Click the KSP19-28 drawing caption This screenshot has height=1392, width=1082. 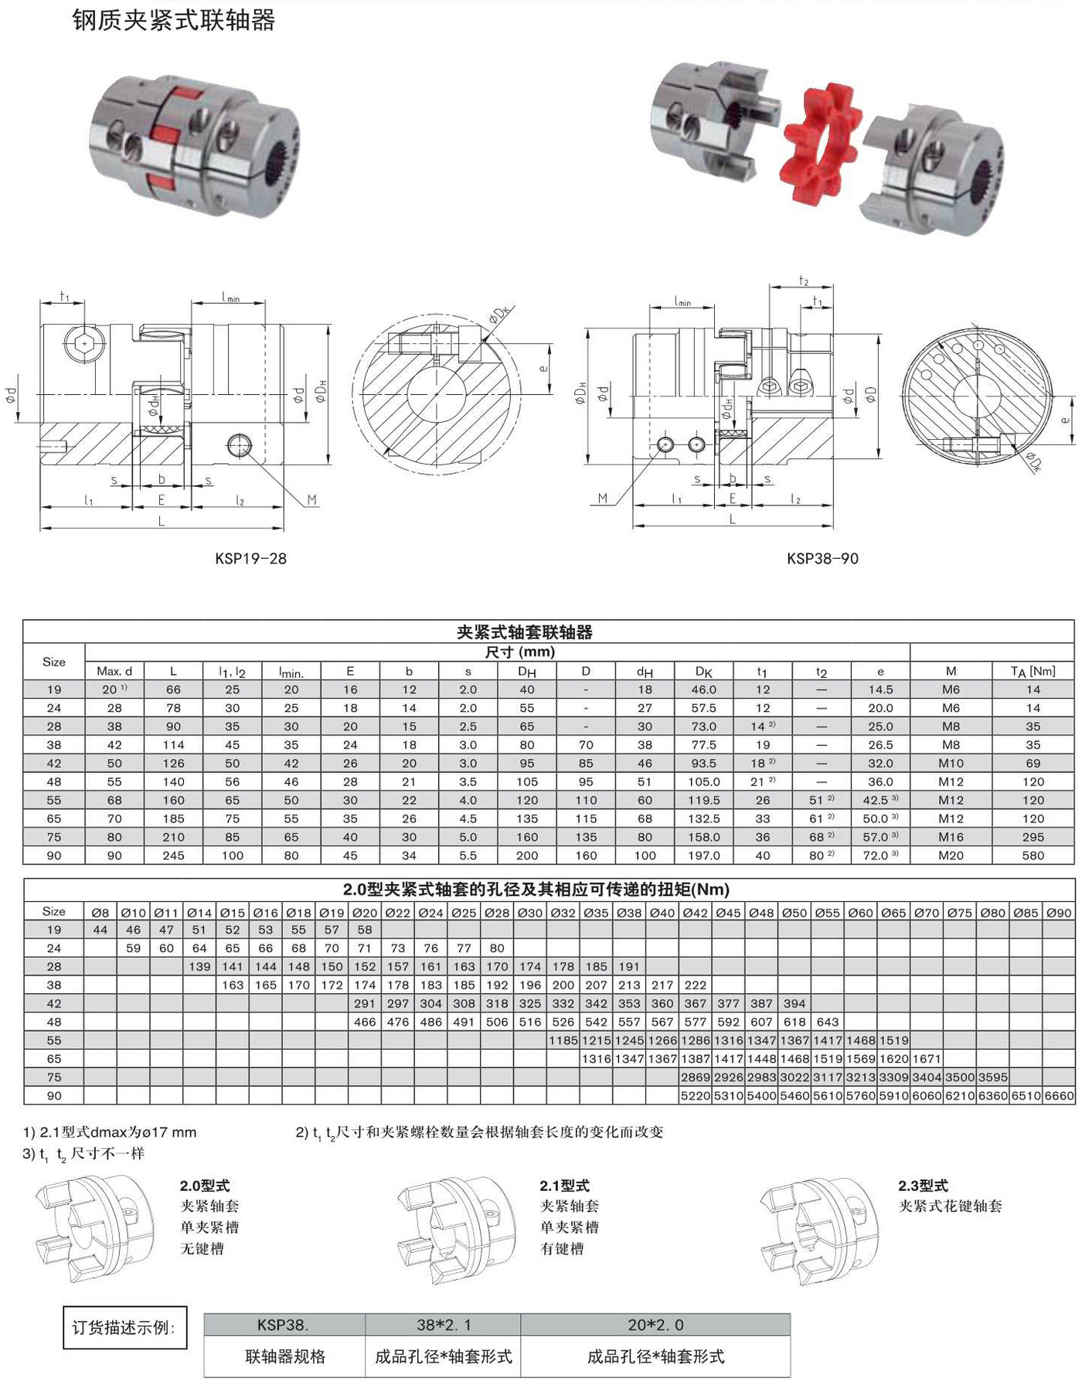pos(250,558)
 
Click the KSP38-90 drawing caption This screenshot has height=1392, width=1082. pos(822,558)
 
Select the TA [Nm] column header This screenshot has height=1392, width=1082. pos(1033,671)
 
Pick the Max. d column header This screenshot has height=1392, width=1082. pos(114,671)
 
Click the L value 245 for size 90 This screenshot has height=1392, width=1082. pos(173,856)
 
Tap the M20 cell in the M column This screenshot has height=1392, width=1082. pos(951,856)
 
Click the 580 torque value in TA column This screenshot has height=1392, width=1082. pos(1033,856)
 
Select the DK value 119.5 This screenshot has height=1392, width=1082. pos(703,800)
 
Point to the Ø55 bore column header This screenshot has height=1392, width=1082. pos(827,913)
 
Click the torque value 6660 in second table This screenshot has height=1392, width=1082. pos(1059,1096)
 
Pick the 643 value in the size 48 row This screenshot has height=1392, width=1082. pos(827,1022)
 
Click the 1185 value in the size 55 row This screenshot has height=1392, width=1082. pos(563,1040)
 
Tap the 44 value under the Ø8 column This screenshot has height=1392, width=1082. pos(100,930)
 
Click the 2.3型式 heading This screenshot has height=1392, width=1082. pos(923,1186)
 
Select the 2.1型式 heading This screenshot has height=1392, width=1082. pos(564,1186)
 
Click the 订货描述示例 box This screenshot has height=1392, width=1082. pos(124,1328)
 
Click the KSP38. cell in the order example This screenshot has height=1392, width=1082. pos(284,1325)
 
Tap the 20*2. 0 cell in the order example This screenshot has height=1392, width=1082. pos(655,1325)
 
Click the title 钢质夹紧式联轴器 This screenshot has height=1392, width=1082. pos(174,20)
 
